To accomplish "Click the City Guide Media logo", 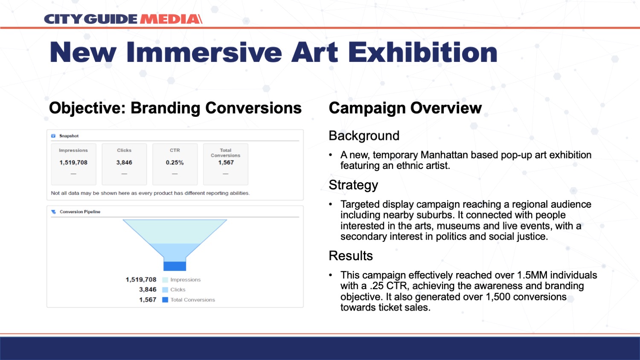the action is (123, 19).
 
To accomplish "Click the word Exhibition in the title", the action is (423, 52).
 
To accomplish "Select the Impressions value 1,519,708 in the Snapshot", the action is (73, 163).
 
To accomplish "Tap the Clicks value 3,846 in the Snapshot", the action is (124, 163).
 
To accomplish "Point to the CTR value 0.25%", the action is (175, 163).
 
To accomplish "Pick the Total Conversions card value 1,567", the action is (226, 163).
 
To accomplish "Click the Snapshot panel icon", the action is (53, 136).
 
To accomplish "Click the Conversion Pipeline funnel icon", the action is (53, 212).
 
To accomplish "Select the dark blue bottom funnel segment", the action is (175, 266).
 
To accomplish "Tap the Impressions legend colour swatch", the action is (165, 280).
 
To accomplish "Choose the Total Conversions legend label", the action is (192, 300).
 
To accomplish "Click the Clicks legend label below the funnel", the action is (178, 290).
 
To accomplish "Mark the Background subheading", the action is (364, 136).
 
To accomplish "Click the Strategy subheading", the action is (353, 185).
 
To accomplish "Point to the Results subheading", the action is (351, 256).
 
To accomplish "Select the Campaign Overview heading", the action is (405, 108).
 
